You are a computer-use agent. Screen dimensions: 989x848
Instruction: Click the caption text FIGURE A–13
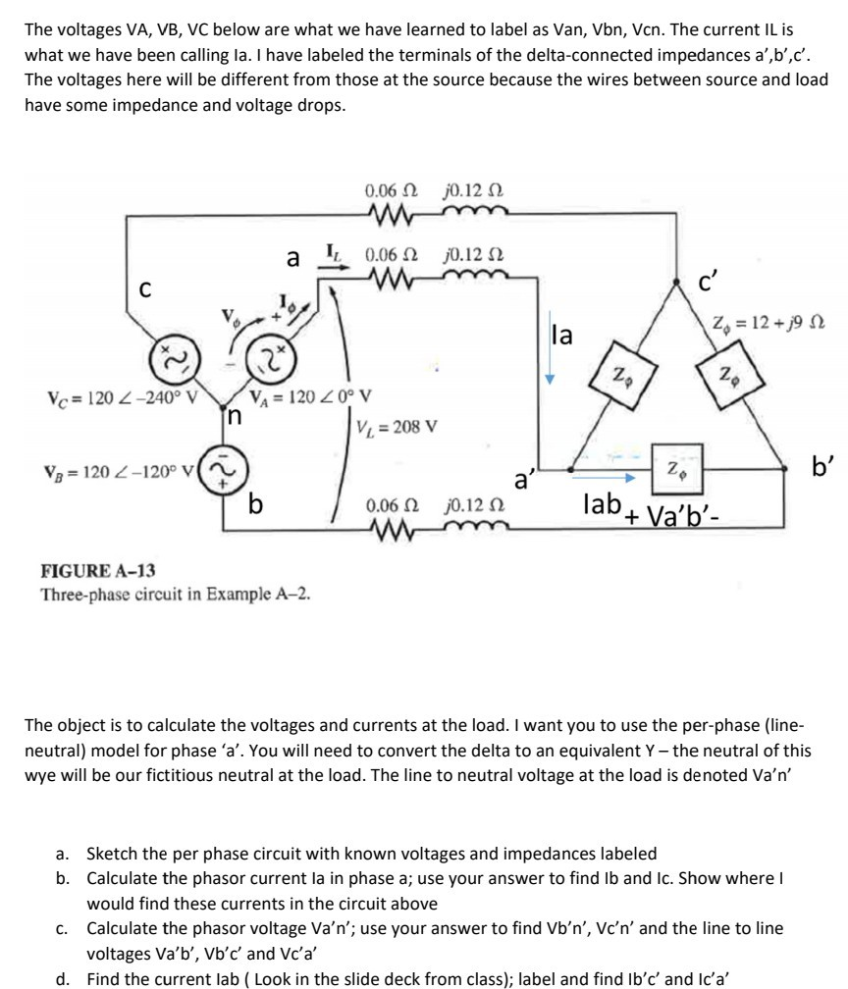pos(97,571)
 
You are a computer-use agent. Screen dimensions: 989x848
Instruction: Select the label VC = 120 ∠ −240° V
pos(122,398)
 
